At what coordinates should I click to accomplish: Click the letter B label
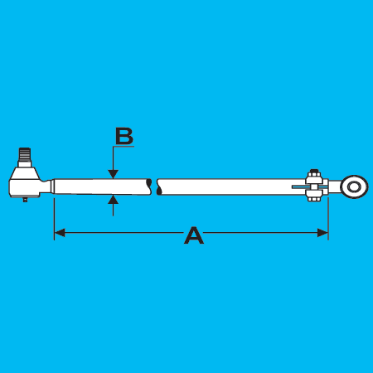(x=124, y=136)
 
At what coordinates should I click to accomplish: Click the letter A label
(x=194, y=235)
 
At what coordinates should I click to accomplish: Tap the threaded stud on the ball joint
(x=25, y=155)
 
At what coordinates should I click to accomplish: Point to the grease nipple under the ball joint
(x=25, y=199)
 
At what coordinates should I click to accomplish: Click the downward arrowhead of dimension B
(x=113, y=174)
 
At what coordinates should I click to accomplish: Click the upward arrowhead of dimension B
(x=113, y=199)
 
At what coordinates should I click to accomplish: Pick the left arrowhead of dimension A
(x=60, y=233)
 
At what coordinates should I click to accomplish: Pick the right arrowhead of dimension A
(x=322, y=233)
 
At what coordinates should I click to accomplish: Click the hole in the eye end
(x=354, y=187)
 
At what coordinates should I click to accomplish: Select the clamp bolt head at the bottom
(x=314, y=198)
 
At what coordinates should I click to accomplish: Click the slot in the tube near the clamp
(x=299, y=187)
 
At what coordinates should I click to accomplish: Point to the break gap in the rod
(x=154, y=186)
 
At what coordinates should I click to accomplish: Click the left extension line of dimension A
(x=54, y=219)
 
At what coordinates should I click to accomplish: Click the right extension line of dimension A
(x=328, y=218)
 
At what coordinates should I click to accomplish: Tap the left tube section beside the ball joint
(x=101, y=187)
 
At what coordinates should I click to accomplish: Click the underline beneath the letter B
(x=124, y=147)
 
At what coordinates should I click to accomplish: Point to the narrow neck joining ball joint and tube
(x=46, y=186)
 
